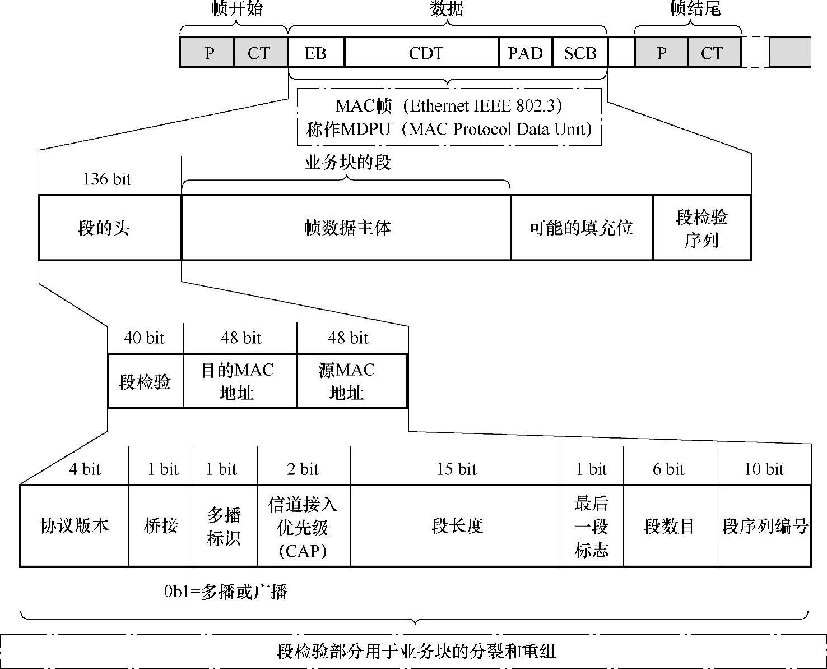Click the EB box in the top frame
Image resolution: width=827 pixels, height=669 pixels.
(315, 53)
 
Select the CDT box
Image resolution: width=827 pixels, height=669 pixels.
(421, 53)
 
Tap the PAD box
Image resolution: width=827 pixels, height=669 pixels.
(526, 53)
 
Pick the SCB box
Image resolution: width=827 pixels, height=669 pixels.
(580, 53)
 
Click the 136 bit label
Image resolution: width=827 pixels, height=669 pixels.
(106, 179)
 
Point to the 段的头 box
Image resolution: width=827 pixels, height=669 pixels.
(104, 228)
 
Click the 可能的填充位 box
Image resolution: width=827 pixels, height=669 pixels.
(581, 228)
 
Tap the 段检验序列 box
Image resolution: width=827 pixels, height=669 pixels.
(701, 228)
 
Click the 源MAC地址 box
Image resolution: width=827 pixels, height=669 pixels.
(347, 381)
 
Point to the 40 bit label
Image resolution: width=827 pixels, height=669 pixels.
(144, 338)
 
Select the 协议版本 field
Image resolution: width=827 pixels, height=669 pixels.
(75, 526)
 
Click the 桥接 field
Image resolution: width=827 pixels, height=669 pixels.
(161, 526)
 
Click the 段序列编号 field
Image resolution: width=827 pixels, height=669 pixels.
(765, 526)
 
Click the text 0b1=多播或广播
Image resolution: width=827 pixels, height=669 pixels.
(225, 592)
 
